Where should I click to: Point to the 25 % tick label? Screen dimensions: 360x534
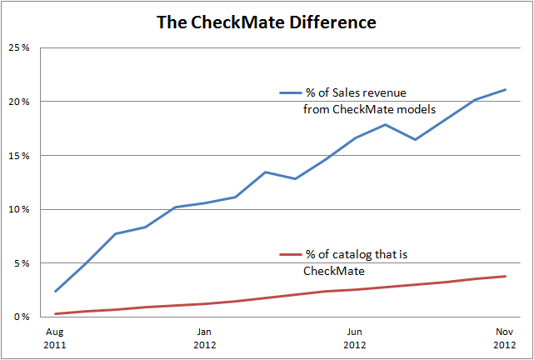[19, 47]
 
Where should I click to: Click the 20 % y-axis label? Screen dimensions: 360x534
[19, 102]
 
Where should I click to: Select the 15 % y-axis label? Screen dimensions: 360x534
[19, 155]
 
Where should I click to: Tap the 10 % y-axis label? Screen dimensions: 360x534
[19, 209]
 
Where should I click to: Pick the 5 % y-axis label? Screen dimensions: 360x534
[22, 263]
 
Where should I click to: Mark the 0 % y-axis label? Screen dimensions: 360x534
[22, 317]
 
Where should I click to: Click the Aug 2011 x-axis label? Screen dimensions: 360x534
[55, 337]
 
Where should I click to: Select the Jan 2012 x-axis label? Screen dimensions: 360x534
[204, 337]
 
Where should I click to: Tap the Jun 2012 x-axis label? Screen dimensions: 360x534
[354, 337]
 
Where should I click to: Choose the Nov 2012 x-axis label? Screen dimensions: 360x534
[504, 337]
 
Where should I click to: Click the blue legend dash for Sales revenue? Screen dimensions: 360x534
[289, 93]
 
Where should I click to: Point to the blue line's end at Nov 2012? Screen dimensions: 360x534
[505, 89]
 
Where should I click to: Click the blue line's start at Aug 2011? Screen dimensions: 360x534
[55, 291]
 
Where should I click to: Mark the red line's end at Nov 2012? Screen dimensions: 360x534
[505, 276]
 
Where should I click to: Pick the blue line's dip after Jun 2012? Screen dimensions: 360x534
[415, 139]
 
